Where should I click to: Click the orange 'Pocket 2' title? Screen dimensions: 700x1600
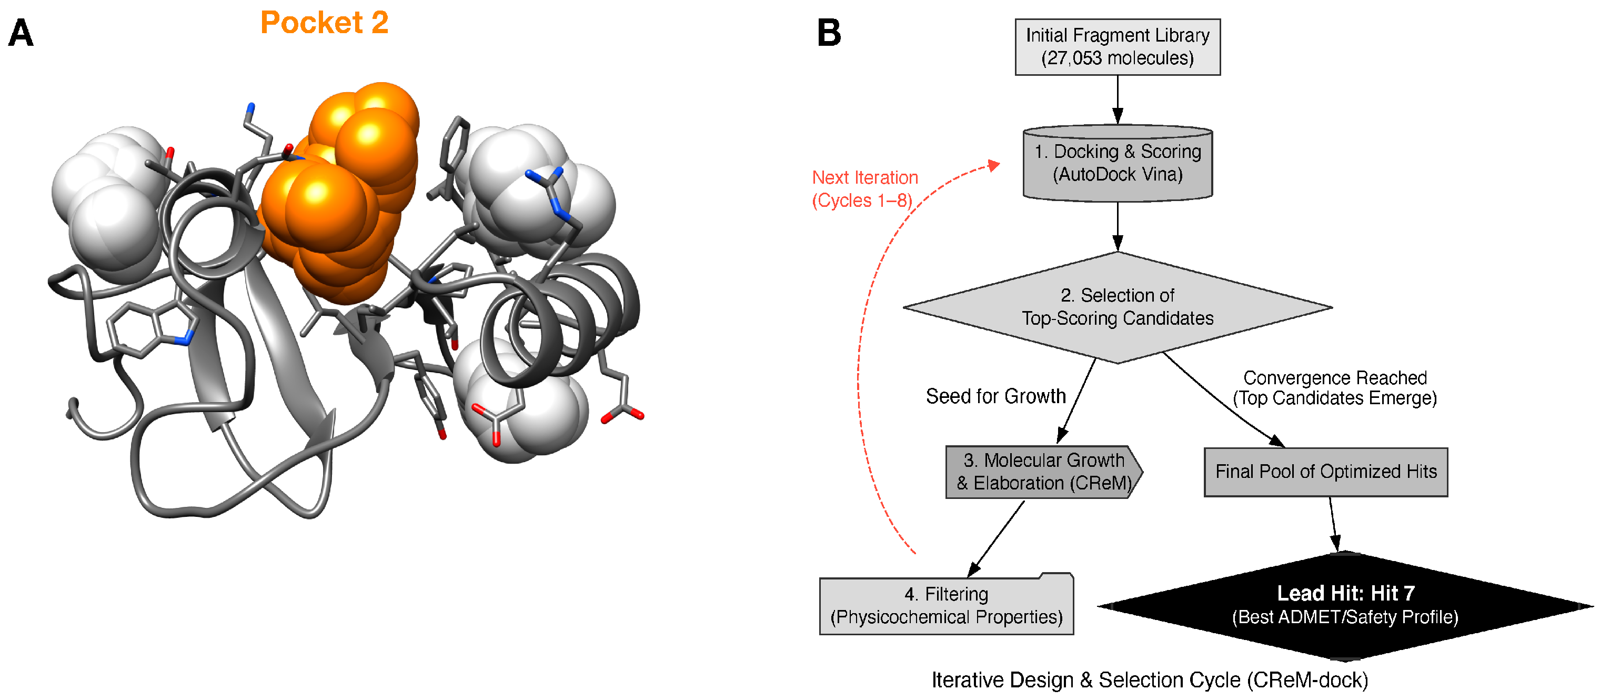coord(324,23)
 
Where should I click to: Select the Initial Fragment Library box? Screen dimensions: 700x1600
coord(1117,47)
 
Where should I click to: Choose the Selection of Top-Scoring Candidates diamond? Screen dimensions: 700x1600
coord(1117,307)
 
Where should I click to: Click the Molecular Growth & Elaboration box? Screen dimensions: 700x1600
coord(1043,472)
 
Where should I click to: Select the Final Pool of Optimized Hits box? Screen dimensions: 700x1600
coord(1325,472)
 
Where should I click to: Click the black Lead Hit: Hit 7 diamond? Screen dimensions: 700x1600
coord(1345,605)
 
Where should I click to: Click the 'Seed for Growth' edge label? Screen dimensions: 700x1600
coord(995,396)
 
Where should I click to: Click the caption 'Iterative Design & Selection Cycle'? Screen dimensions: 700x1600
coord(1149,680)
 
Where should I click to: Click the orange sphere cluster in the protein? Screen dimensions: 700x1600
coord(338,193)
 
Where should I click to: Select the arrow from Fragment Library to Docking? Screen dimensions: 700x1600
coord(1117,99)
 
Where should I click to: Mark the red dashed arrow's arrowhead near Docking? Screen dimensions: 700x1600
coord(994,165)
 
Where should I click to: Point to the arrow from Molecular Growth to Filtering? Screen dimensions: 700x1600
coord(995,538)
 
